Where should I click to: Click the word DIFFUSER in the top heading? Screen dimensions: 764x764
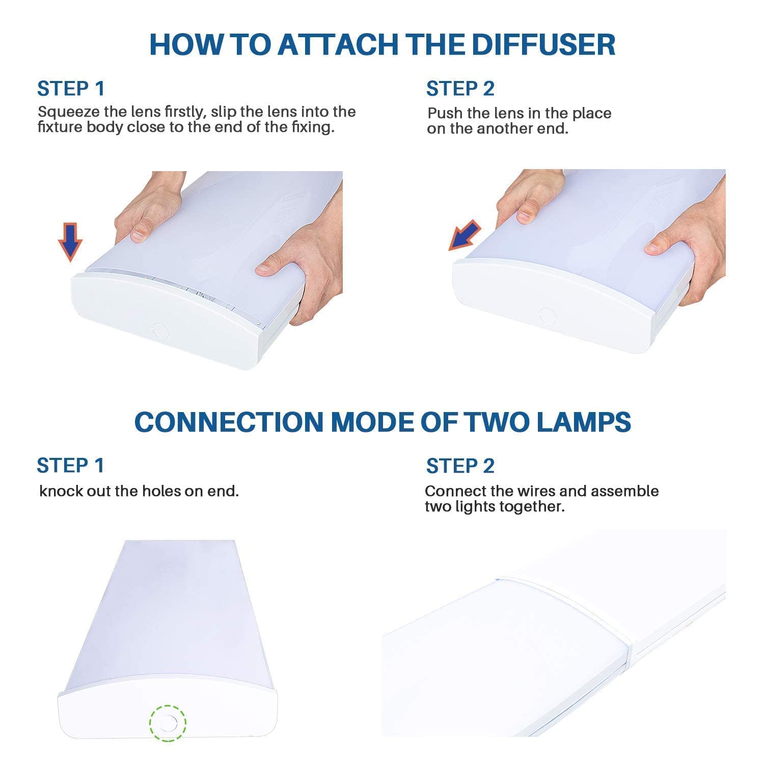tap(543, 44)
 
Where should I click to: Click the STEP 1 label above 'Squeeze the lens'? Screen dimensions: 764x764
tap(71, 89)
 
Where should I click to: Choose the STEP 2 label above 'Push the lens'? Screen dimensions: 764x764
tap(460, 89)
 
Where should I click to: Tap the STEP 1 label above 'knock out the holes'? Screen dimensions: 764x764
tap(70, 466)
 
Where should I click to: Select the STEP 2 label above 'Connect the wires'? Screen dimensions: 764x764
tap(460, 466)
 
